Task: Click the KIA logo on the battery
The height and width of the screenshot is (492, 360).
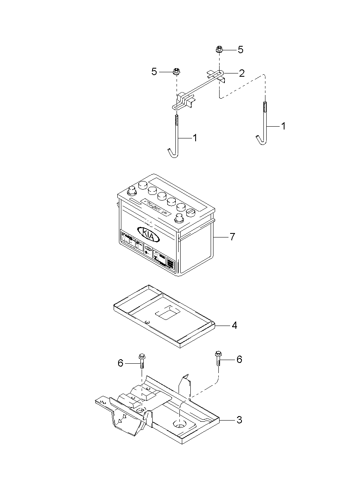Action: [149, 234]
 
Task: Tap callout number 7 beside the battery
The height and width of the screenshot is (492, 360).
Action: [232, 237]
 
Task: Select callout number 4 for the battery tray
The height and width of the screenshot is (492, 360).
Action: [234, 325]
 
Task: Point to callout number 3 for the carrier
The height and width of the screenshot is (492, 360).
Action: [239, 420]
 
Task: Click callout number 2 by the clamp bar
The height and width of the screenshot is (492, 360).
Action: [241, 73]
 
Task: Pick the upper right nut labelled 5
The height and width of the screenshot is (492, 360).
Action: [219, 50]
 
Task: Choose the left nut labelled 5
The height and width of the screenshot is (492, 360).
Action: [177, 72]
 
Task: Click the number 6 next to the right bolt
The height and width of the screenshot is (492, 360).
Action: [239, 359]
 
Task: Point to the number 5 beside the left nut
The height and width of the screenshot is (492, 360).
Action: [154, 72]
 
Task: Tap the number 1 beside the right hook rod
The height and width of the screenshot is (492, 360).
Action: [283, 126]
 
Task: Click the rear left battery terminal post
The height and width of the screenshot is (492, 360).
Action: [132, 190]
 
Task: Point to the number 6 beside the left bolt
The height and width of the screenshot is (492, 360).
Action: [121, 363]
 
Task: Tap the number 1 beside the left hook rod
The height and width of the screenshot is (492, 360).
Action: [195, 138]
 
